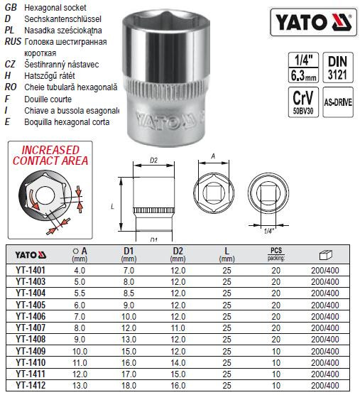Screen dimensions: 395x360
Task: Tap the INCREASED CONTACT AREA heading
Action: tap(50, 156)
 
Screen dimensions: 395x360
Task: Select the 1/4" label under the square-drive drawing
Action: tap(269, 230)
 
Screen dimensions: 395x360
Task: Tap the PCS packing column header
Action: tap(277, 254)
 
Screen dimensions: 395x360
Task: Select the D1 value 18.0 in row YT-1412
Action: tap(129, 385)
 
